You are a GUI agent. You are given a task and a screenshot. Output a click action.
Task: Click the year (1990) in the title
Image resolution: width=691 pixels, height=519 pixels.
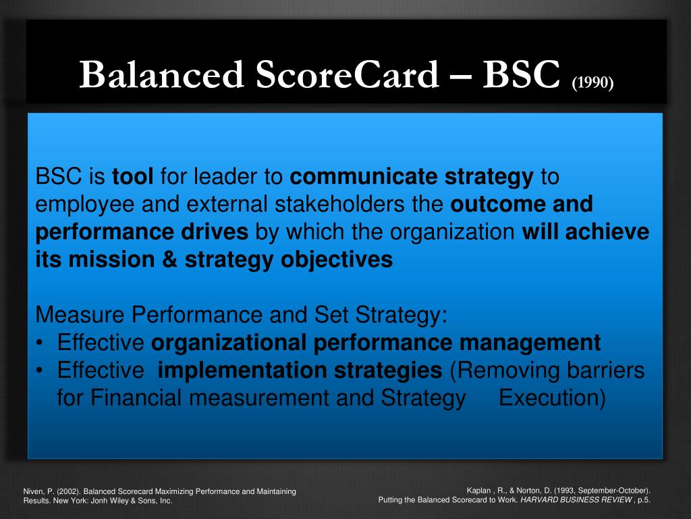(x=592, y=82)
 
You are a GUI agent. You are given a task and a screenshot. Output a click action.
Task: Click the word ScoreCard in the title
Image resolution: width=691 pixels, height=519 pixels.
(x=348, y=74)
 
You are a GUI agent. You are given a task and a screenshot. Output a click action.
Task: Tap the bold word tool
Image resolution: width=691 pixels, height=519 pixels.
(x=133, y=176)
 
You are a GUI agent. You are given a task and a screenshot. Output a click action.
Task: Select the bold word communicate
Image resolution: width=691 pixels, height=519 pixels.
(x=364, y=176)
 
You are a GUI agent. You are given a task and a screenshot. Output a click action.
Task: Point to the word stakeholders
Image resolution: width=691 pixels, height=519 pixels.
(x=339, y=204)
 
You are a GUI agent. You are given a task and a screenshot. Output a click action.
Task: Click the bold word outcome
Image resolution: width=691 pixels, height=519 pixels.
(x=497, y=204)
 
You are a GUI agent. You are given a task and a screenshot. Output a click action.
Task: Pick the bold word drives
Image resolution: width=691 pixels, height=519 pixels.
(x=215, y=232)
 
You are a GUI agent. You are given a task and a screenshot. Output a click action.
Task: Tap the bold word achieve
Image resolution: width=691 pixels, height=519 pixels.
(x=607, y=232)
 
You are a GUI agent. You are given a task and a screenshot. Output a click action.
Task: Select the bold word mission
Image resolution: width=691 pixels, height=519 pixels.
(x=111, y=259)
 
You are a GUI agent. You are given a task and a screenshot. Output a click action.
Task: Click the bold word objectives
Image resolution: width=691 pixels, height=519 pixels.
(x=337, y=260)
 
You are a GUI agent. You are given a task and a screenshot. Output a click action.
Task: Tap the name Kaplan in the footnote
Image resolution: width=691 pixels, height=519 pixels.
(x=478, y=491)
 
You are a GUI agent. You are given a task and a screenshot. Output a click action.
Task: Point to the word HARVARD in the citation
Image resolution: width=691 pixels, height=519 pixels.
(x=536, y=500)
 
